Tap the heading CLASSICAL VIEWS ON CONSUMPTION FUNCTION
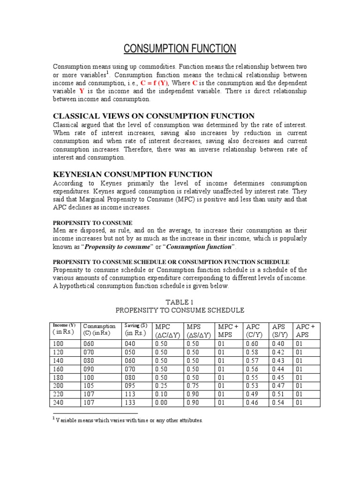pos(154,116)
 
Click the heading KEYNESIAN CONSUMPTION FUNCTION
pos(133,174)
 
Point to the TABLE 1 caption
pos(180,301)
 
